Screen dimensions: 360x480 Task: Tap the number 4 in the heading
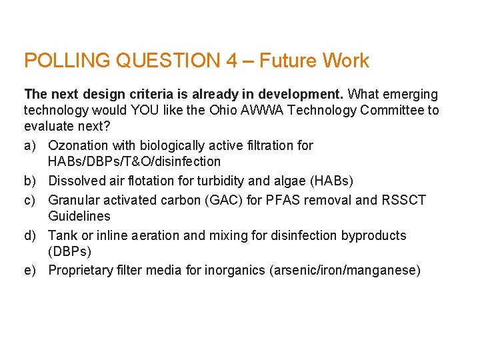231,61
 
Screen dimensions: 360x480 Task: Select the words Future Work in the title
314,61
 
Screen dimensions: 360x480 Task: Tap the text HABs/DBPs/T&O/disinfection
134,161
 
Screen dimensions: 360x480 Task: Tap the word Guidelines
79,216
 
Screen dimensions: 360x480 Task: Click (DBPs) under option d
70,251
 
